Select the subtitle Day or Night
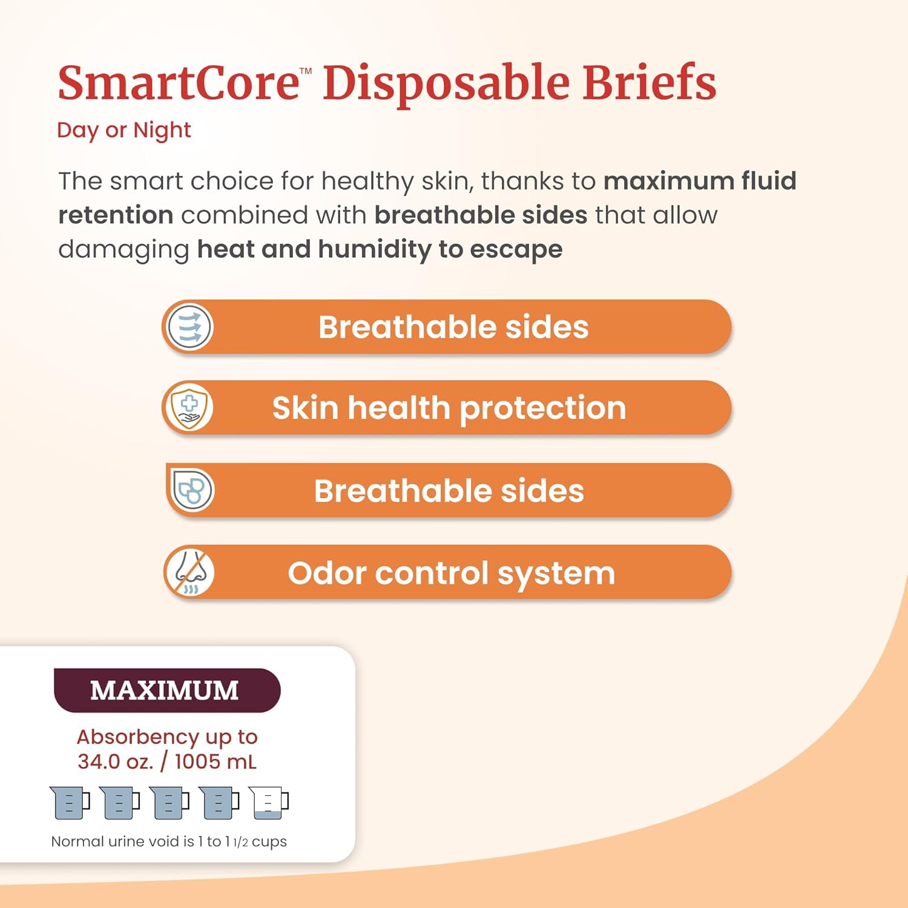click(x=123, y=130)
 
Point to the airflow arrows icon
click(x=190, y=327)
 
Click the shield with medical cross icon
click(x=189, y=407)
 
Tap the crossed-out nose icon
click(x=190, y=573)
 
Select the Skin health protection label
click(x=449, y=408)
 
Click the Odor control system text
click(x=451, y=573)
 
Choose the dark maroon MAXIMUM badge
click(x=166, y=691)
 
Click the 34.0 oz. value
click(x=115, y=762)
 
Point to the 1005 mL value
click(x=215, y=762)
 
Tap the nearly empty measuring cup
click(x=269, y=803)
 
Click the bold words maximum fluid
click(x=700, y=181)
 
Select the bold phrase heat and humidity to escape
click(x=380, y=249)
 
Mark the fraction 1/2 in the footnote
click(x=240, y=843)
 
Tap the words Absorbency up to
click(x=167, y=737)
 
